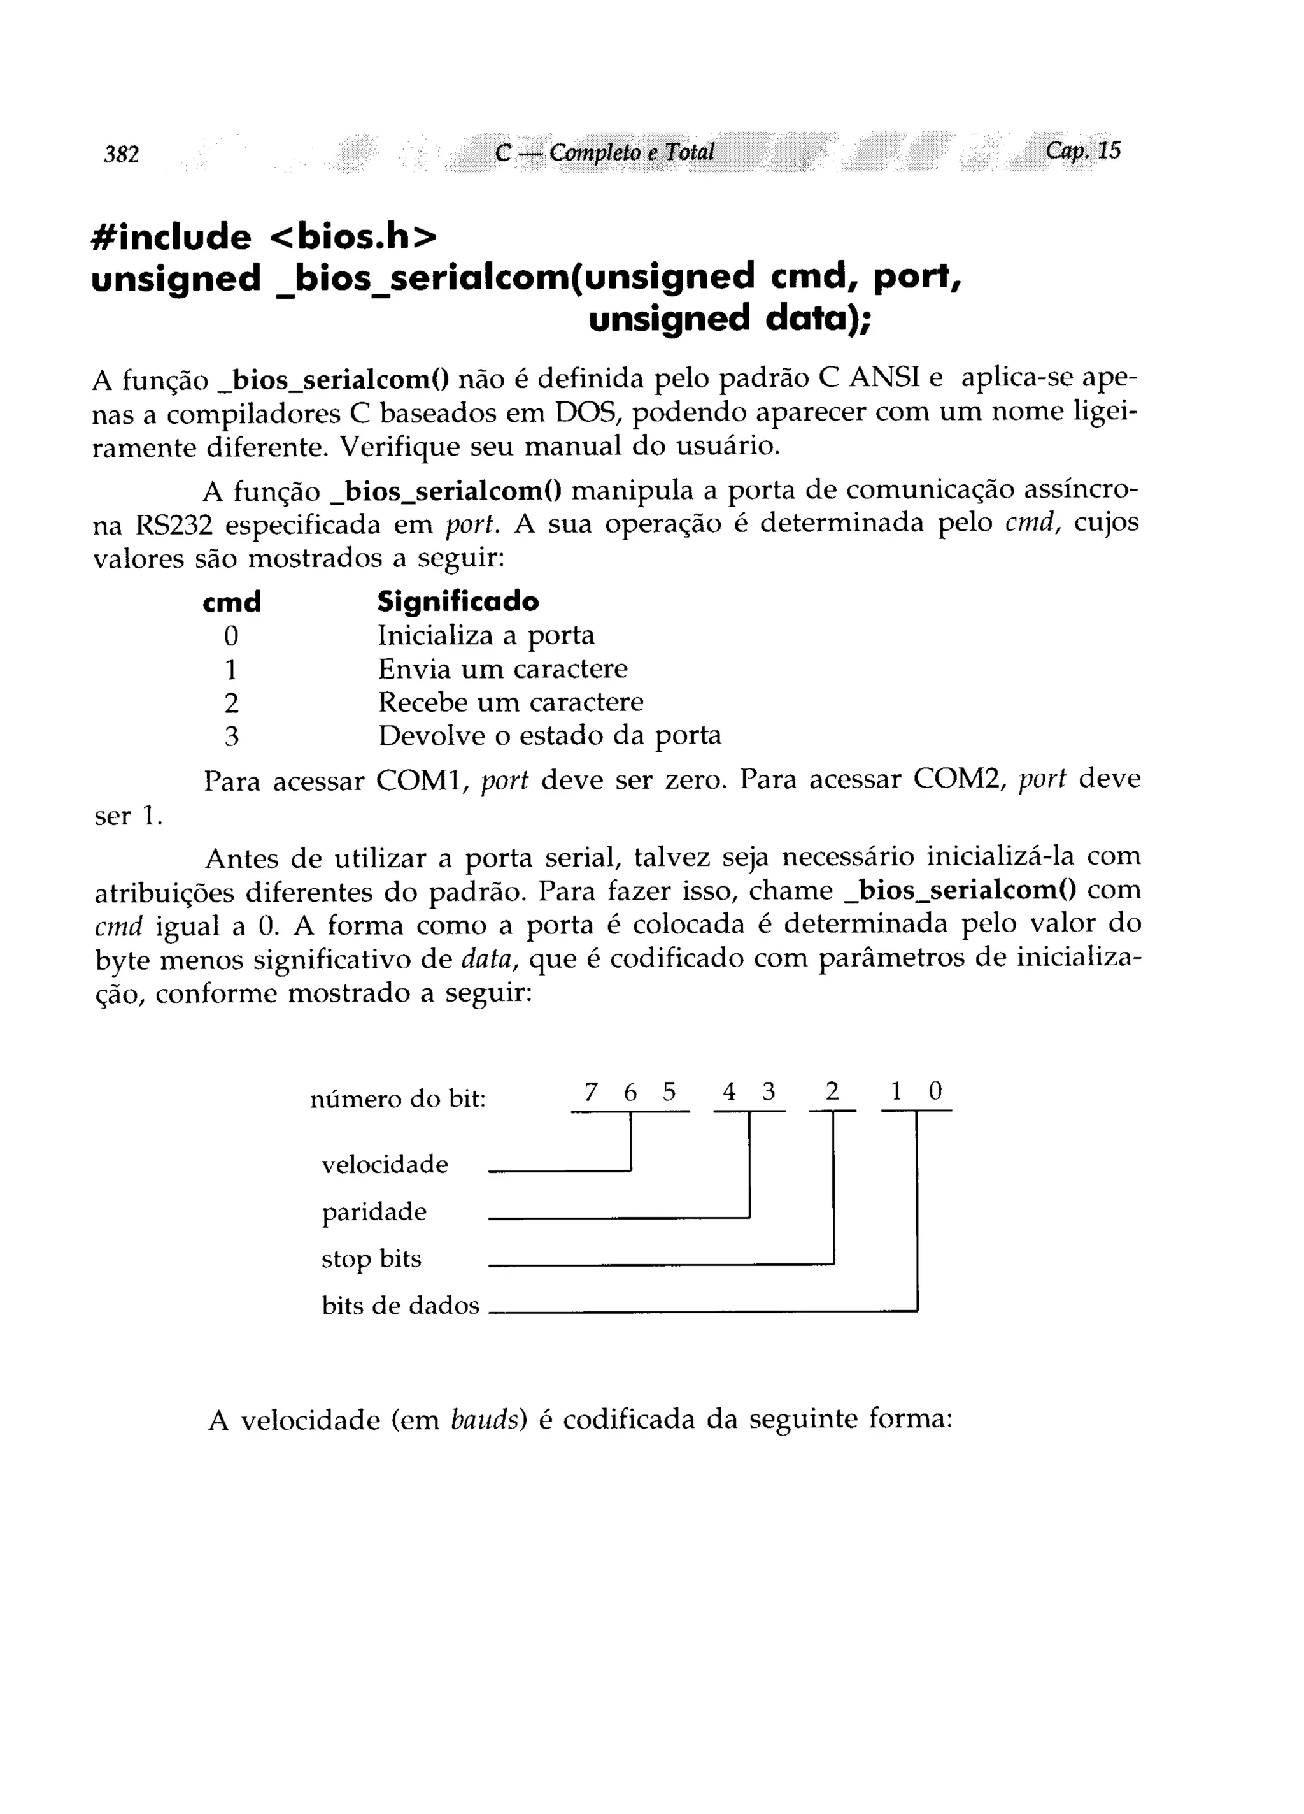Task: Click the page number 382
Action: pyautogui.click(x=122, y=154)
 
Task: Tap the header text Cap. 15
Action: pyautogui.click(x=1082, y=150)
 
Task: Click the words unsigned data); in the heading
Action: pyautogui.click(x=729, y=319)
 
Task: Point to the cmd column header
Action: pyautogui.click(x=232, y=601)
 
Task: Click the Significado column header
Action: pyautogui.click(x=458, y=601)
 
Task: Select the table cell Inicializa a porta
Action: pyautogui.click(x=486, y=636)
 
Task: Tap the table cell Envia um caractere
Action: pyautogui.click(x=502, y=668)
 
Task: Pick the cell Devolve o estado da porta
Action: pyautogui.click(x=549, y=736)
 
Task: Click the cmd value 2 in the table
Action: pyautogui.click(x=231, y=703)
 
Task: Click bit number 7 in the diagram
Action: pyautogui.click(x=591, y=1091)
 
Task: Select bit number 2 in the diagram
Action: pyautogui.click(x=832, y=1091)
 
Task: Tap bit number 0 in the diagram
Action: pyautogui.click(x=935, y=1091)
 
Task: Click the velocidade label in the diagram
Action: pyautogui.click(x=385, y=1165)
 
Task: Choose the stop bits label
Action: pyautogui.click(x=371, y=1259)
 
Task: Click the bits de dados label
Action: pyautogui.click(x=400, y=1306)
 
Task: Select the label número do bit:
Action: pyautogui.click(x=397, y=1100)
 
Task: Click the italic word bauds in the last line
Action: pyautogui.click(x=485, y=1420)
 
